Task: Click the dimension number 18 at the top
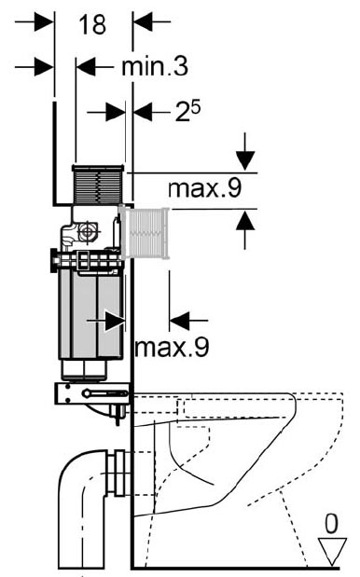92,24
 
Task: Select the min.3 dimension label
155,66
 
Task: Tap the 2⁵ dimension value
187,111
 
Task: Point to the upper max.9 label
204,188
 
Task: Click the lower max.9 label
172,347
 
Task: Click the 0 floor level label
331,524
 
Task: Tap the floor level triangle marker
332,551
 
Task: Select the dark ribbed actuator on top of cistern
98,185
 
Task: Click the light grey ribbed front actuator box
144,233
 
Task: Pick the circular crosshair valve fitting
88,232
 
